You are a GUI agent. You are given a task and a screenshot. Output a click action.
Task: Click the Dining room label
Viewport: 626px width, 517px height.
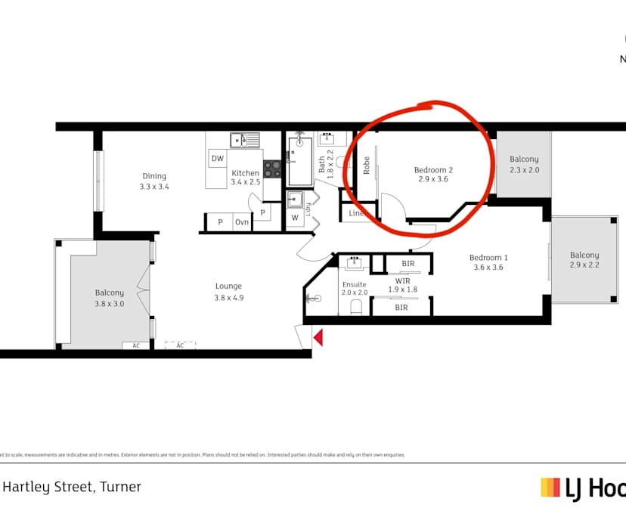154,181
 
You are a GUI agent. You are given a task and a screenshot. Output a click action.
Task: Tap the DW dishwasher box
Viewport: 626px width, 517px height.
218,159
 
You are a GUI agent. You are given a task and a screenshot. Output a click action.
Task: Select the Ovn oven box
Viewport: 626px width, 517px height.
242,222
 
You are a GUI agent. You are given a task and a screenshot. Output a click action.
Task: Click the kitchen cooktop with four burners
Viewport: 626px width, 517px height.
272,169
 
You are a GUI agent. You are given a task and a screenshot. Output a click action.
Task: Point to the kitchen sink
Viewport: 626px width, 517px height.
245,140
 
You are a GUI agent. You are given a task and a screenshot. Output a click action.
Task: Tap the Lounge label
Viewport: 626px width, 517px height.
228,291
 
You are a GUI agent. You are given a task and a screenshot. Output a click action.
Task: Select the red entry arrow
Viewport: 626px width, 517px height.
318,337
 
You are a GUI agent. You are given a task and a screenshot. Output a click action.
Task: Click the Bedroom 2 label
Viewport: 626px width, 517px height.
433,175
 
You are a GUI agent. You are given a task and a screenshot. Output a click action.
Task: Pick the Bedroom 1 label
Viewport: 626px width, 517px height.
488,262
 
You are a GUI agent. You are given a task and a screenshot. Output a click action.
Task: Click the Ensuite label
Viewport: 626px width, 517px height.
354,287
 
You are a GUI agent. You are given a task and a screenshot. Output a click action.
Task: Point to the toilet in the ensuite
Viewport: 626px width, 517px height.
355,306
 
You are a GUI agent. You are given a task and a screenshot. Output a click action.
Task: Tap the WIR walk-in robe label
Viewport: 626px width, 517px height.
402,284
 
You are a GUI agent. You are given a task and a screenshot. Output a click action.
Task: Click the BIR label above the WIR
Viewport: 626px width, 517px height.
408,264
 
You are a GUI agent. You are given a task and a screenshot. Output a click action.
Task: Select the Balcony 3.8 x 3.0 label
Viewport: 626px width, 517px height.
109,298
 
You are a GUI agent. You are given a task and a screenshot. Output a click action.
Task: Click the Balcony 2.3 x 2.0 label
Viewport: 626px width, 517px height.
524,164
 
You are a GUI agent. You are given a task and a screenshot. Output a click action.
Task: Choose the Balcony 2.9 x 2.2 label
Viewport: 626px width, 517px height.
584,260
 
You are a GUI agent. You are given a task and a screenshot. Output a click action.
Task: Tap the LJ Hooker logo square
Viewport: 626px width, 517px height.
550,488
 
